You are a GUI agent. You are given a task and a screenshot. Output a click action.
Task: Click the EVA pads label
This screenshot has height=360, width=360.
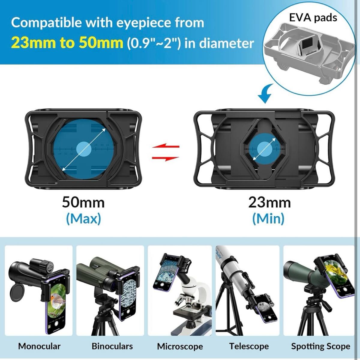(x=313, y=18)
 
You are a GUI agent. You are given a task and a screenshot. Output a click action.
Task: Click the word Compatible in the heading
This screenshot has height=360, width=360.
(x=46, y=22)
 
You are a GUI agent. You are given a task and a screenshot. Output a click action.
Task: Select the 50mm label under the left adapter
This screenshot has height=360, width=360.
(x=83, y=203)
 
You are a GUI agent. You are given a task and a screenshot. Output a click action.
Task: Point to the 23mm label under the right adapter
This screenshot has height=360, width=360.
(x=269, y=203)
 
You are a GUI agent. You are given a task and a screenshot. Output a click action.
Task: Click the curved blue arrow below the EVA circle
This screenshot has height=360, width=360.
(x=265, y=93)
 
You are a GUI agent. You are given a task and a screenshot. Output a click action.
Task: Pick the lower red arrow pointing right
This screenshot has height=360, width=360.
(x=166, y=158)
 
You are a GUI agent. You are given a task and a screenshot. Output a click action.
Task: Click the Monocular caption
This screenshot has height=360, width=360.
(x=39, y=346)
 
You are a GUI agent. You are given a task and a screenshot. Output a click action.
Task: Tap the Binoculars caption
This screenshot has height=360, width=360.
(x=112, y=346)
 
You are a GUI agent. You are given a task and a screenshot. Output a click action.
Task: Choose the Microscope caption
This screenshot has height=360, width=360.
(x=180, y=346)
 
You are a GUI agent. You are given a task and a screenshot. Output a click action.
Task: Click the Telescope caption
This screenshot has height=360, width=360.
(x=249, y=346)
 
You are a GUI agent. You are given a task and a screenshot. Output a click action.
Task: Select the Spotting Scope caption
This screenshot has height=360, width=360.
(x=321, y=346)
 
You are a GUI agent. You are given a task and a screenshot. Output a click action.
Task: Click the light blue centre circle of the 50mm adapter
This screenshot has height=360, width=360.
(x=84, y=149)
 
